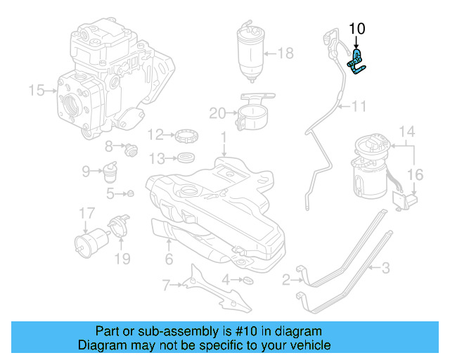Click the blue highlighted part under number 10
click(358, 61)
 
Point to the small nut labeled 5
click(130, 193)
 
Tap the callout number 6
click(168, 259)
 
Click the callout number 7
click(166, 285)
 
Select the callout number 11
click(359, 107)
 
